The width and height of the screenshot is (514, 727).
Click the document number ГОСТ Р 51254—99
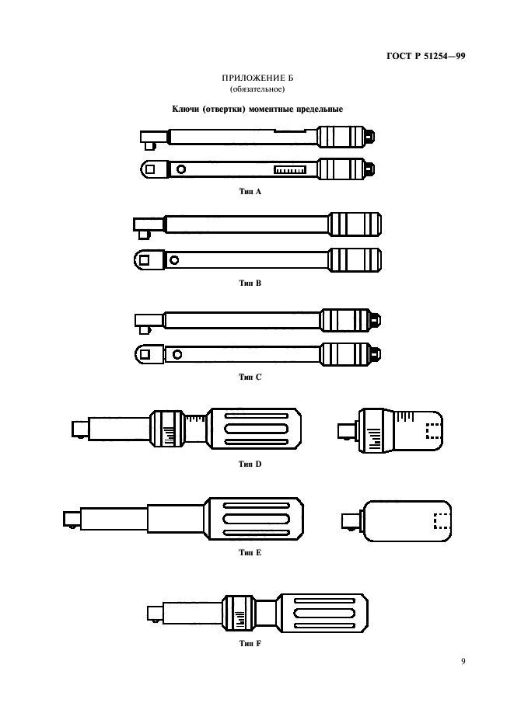tap(426, 56)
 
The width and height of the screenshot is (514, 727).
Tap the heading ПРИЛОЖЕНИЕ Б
tap(257, 78)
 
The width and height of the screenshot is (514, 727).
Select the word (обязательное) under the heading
tap(257, 89)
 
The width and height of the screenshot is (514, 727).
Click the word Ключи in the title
tap(185, 109)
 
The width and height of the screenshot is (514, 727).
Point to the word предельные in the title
tap(320, 109)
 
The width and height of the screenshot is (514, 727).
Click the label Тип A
tap(250, 192)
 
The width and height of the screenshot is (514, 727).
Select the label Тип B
tap(250, 283)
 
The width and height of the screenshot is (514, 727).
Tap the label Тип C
tap(250, 377)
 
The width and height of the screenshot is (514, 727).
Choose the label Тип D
tap(250, 464)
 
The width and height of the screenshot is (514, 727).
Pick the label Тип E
tap(250, 552)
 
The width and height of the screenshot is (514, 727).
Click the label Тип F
tap(250, 643)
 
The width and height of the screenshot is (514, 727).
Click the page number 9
tap(463, 661)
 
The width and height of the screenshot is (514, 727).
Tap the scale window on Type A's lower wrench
tap(290, 169)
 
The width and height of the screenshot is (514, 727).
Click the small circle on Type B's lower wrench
tap(174, 260)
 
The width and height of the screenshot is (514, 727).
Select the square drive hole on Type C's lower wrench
tap(145, 355)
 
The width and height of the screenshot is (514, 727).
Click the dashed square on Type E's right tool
tap(442, 521)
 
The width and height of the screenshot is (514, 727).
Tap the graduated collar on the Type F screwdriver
tap(239, 613)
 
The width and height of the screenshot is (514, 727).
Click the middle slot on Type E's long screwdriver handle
tap(257, 518)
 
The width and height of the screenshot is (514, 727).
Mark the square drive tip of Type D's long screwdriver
tap(80, 429)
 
